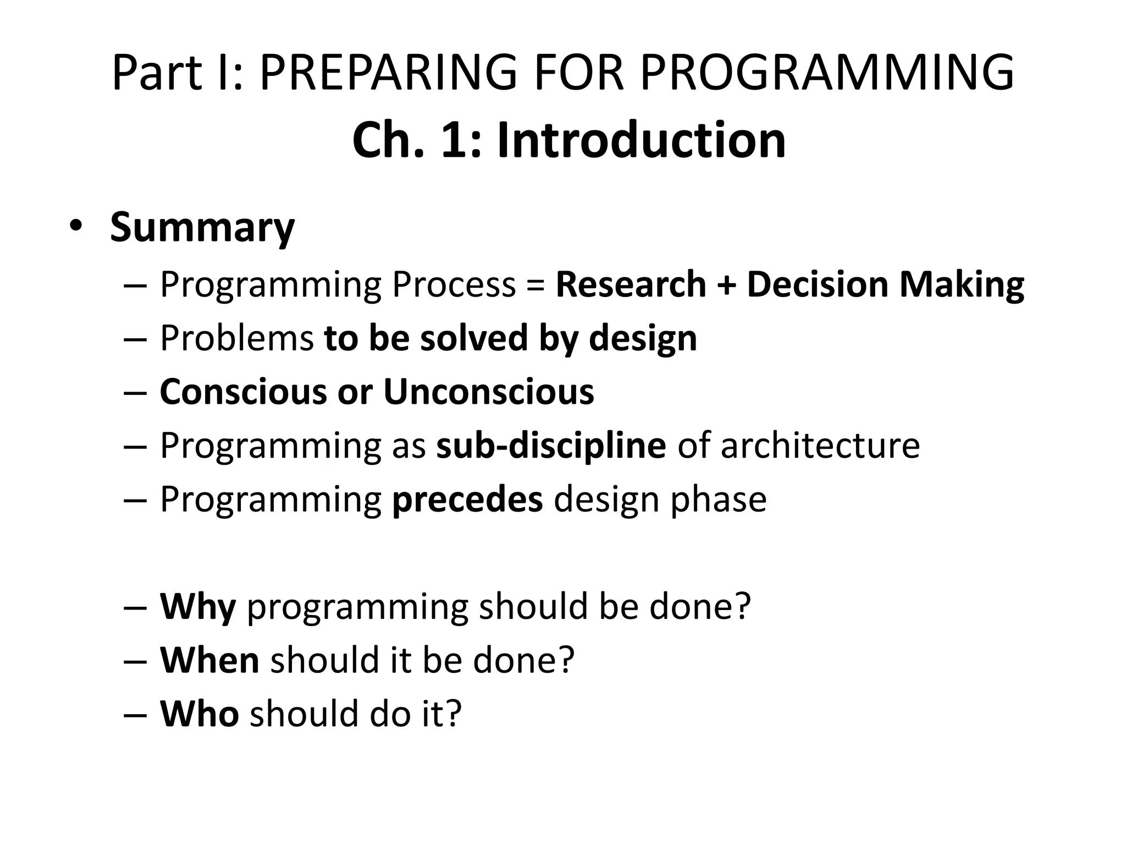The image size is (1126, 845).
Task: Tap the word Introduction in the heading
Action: pyautogui.click(x=641, y=140)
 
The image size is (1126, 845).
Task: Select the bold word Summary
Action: pyautogui.click(x=202, y=227)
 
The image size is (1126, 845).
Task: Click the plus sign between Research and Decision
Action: pyautogui.click(x=726, y=285)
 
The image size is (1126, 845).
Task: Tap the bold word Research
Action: pyautogui.click(x=631, y=284)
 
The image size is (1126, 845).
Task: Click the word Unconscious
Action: pyautogui.click(x=488, y=392)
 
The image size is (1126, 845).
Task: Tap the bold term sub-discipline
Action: pyautogui.click(x=551, y=445)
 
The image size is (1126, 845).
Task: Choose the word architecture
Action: pyautogui.click(x=820, y=445)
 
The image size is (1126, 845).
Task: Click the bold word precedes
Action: pyautogui.click(x=467, y=499)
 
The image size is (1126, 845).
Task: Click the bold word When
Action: pyautogui.click(x=209, y=660)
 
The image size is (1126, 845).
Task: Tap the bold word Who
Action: pyautogui.click(x=199, y=714)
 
